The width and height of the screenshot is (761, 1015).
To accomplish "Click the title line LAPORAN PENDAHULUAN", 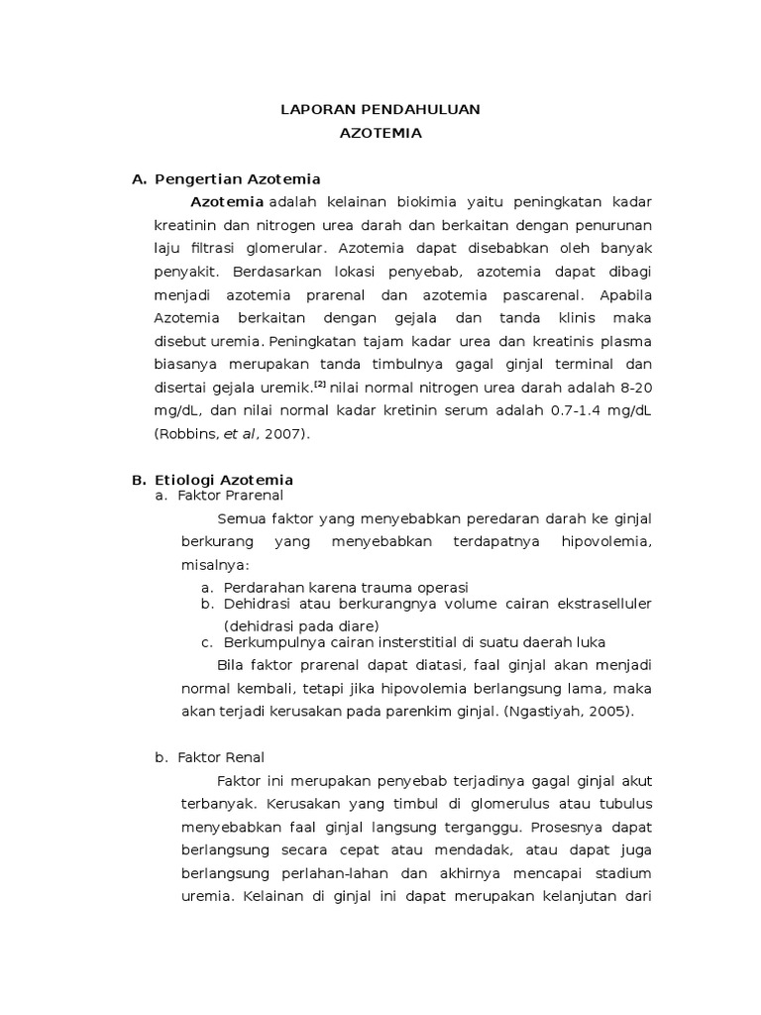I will pyautogui.click(x=380, y=109).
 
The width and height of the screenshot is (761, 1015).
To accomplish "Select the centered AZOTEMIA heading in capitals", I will pyautogui.click(x=380, y=134).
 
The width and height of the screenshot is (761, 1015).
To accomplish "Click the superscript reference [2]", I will pyautogui.click(x=319, y=383).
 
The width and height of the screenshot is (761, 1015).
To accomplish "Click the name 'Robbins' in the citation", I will pyautogui.click(x=182, y=433).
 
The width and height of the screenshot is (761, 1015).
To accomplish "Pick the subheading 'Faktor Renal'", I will pyautogui.click(x=221, y=757).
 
